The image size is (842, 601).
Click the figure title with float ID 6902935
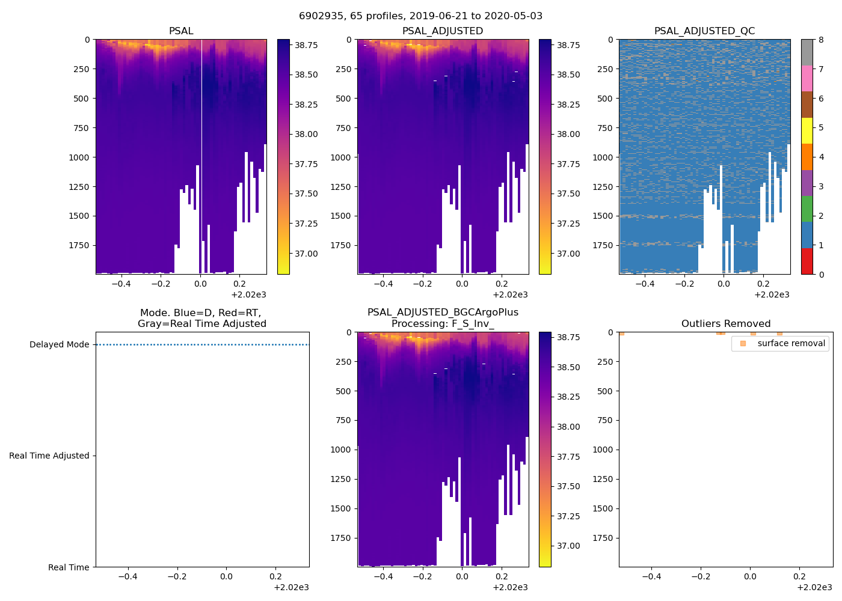[420, 16]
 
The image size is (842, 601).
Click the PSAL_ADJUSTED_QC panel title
[704, 31]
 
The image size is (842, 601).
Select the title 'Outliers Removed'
[725, 323]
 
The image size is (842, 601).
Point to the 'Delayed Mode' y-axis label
[59, 344]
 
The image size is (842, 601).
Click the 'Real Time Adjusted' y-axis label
[49, 456]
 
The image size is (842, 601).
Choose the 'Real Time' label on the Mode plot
[69, 567]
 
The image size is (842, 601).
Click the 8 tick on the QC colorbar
[822, 40]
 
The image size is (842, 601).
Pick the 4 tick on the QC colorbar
[822, 157]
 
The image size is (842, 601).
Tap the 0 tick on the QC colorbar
[822, 274]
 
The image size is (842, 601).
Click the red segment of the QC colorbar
[807, 261]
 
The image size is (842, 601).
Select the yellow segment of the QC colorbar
[807, 130]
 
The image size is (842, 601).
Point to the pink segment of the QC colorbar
[807, 78]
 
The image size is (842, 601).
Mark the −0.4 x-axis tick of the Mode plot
[127, 576]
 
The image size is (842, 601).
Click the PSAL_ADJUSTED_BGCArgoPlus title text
[443, 312]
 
